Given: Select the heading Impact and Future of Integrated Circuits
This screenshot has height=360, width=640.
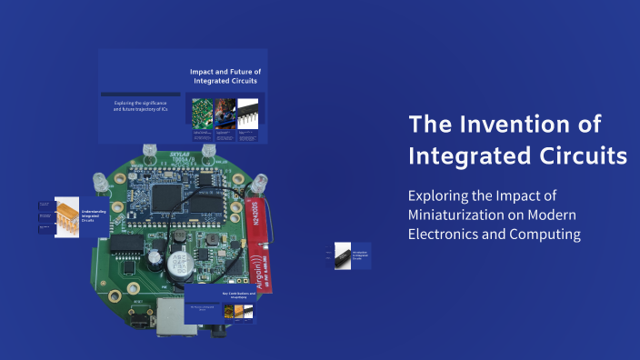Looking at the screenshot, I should click(225, 75).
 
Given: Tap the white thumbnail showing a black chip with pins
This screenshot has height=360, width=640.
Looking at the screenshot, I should click(248, 112).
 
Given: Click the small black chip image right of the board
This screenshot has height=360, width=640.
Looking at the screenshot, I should click(343, 255).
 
